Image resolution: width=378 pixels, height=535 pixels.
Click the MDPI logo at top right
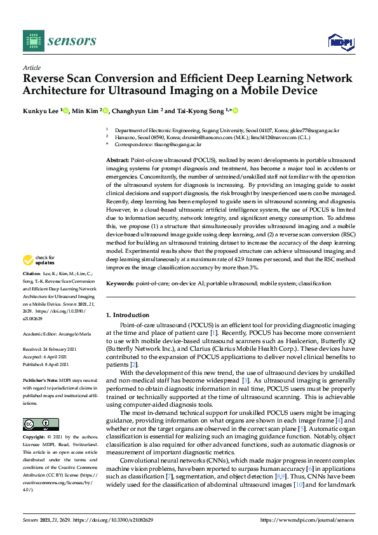point(339,42)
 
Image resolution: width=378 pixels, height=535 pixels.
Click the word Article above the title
point(31,67)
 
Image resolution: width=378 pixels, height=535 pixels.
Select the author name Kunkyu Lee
point(40,111)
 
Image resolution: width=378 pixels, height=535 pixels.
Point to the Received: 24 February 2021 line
point(50,349)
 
